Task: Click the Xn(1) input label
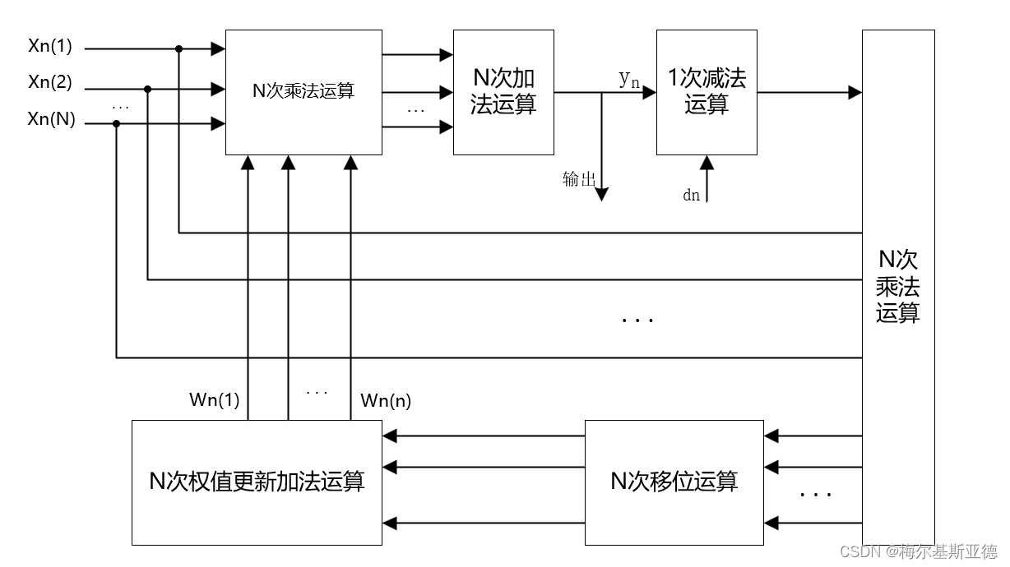pyautogui.click(x=50, y=47)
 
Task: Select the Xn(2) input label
pyautogui.click(x=50, y=82)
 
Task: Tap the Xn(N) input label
pyautogui.click(x=51, y=119)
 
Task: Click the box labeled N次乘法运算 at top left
pyautogui.click(x=303, y=92)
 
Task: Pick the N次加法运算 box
pyautogui.click(x=503, y=92)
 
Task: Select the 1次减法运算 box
pyautogui.click(x=707, y=92)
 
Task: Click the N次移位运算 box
pyautogui.click(x=674, y=482)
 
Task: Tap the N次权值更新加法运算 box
pyautogui.click(x=257, y=482)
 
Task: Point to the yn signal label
pyautogui.click(x=629, y=79)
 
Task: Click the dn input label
pyautogui.click(x=691, y=195)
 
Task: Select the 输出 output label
pyautogui.click(x=578, y=180)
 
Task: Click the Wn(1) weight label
pyautogui.click(x=214, y=401)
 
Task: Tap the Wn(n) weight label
pyautogui.click(x=386, y=401)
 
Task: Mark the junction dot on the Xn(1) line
pyautogui.click(x=178, y=49)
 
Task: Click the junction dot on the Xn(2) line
pyautogui.click(x=147, y=88)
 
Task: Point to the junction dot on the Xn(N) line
pyautogui.click(x=116, y=124)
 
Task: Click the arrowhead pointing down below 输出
pyautogui.click(x=601, y=194)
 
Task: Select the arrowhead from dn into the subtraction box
pyautogui.click(x=707, y=162)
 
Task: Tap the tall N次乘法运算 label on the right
pyautogui.click(x=897, y=287)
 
